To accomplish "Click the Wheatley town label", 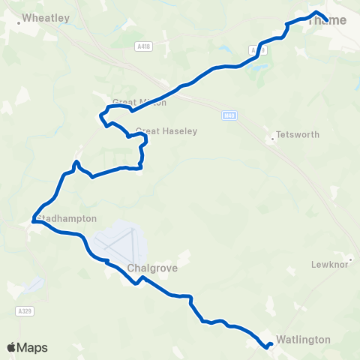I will coord(46,16).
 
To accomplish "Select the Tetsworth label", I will coord(298,135).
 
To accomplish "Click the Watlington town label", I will coord(303,340).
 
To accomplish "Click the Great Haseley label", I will coord(166,131).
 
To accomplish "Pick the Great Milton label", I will coord(139,103).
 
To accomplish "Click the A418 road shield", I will coord(144,46).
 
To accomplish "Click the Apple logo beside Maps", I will coord(12,347).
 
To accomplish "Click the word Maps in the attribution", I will coord(32,347).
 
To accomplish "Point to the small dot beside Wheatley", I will coord(19,22).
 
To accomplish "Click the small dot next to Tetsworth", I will coord(271,139).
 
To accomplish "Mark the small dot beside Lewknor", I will coord(349,259).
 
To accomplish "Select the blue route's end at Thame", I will coord(327,19).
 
